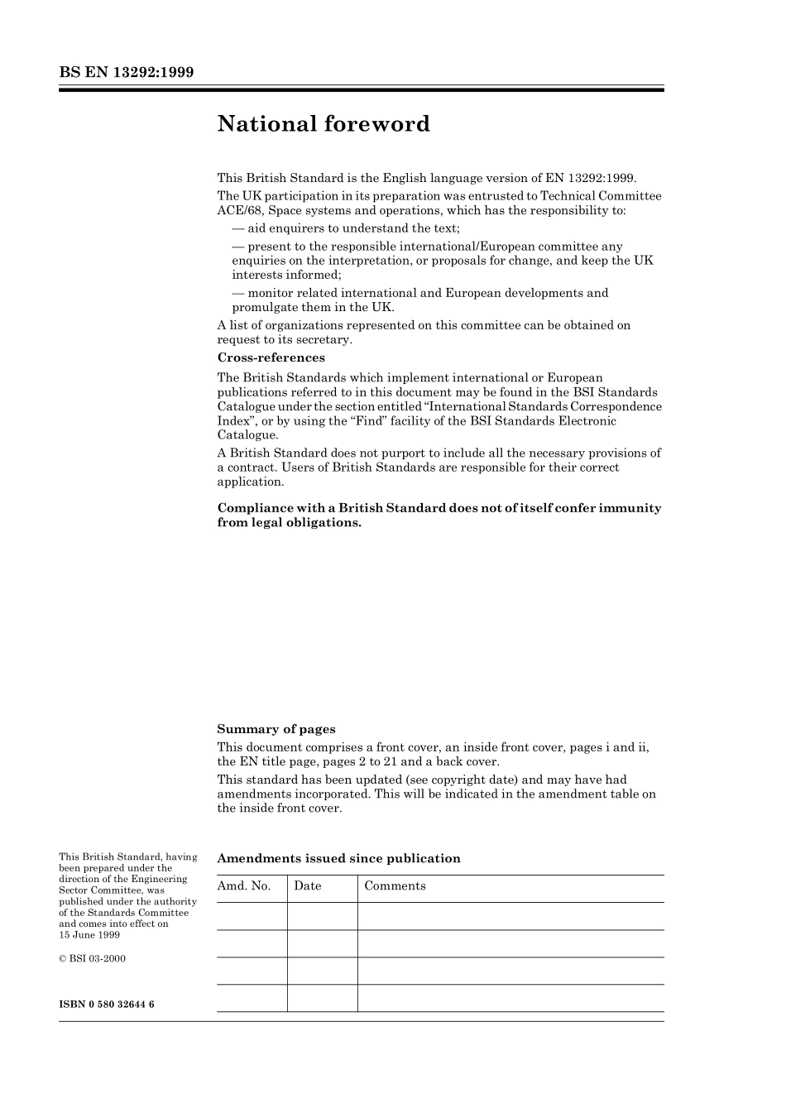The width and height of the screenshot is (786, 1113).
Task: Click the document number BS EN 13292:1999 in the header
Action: coord(126,72)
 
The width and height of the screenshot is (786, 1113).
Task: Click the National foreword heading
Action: coord(324,124)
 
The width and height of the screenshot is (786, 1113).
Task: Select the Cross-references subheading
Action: coord(271,357)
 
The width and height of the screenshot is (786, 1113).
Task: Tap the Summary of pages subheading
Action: coord(276,729)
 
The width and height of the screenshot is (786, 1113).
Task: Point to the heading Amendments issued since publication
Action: coord(338,858)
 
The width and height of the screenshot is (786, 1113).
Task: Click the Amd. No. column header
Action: coord(244,885)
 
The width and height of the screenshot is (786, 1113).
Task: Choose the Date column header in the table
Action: coord(307,885)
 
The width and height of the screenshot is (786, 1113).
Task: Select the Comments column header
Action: coord(395,885)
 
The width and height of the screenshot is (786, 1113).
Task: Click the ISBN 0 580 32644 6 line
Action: coord(107,1004)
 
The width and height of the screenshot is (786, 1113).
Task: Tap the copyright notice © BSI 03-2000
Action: coord(92,958)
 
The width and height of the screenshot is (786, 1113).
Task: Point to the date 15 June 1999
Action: coord(89,934)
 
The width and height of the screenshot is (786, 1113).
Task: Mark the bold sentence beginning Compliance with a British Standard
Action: coord(439,515)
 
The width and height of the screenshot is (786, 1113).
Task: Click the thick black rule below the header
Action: coord(361,89)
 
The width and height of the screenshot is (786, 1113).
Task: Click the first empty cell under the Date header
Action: coord(322,916)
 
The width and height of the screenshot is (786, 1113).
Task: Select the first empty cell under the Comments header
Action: coord(510,916)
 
